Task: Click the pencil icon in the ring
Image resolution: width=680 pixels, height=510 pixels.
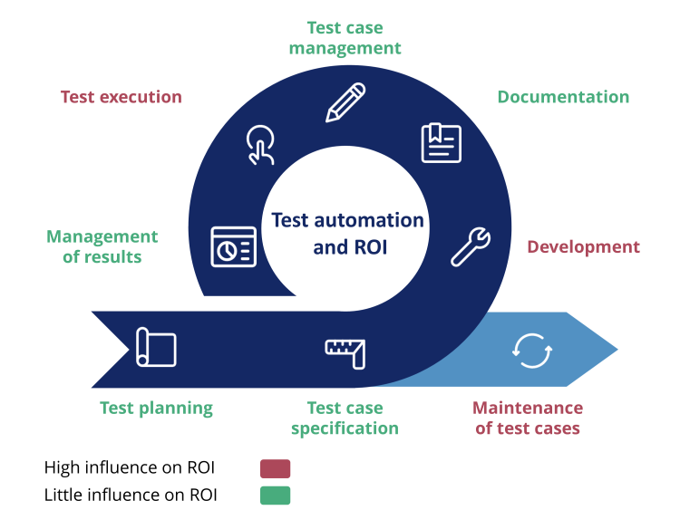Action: click(x=345, y=101)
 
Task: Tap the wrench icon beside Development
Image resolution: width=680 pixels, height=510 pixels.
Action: click(x=471, y=245)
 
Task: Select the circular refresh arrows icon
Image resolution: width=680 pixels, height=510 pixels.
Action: click(x=531, y=350)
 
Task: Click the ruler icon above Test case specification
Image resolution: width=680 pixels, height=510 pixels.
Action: click(x=345, y=351)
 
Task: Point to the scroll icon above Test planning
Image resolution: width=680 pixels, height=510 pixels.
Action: click(x=156, y=347)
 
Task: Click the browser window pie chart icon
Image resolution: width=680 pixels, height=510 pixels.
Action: click(x=233, y=246)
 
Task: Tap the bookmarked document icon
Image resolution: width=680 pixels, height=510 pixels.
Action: click(x=442, y=143)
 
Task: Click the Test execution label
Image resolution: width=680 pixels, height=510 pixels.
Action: click(x=121, y=97)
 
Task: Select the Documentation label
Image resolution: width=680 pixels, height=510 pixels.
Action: click(x=563, y=97)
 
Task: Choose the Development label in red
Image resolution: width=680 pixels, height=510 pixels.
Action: click(x=583, y=246)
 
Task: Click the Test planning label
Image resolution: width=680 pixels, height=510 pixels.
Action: click(x=156, y=408)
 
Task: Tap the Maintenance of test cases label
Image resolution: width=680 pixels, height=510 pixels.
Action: click(x=529, y=418)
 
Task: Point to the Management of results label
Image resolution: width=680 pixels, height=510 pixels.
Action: click(x=102, y=246)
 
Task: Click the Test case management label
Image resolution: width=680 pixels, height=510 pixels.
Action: click(x=345, y=38)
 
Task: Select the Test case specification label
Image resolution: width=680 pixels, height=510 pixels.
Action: click(x=345, y=418)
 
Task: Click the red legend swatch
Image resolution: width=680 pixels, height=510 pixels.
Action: click(x=275, y=468)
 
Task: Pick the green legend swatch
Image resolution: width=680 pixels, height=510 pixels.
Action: click(x=275, y=495)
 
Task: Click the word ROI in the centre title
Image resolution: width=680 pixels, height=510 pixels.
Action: click(x=368, y=246)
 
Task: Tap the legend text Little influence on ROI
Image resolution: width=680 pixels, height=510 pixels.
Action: click(x=131, y=495)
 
